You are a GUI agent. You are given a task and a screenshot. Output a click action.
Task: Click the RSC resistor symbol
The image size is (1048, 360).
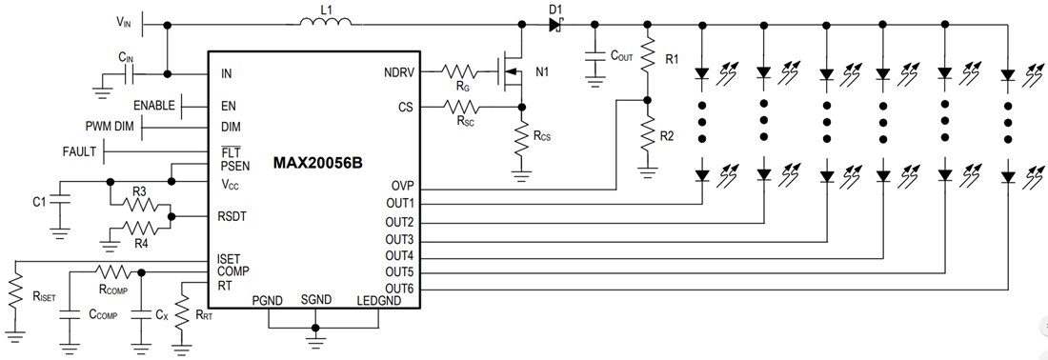coord(464,108)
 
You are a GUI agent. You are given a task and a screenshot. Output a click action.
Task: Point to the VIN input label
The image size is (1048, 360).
coord(125,21)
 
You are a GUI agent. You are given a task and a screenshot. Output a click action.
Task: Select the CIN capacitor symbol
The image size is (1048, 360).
coord(127,72)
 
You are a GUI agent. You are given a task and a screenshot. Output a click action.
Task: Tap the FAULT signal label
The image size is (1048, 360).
coord(80,151)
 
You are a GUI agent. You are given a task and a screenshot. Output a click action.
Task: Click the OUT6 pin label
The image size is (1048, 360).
coord(398,289)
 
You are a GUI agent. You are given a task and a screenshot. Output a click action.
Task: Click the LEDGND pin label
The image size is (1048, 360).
coord(378,301)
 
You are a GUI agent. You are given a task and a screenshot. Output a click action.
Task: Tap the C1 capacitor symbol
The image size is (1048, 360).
coord(59,202)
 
